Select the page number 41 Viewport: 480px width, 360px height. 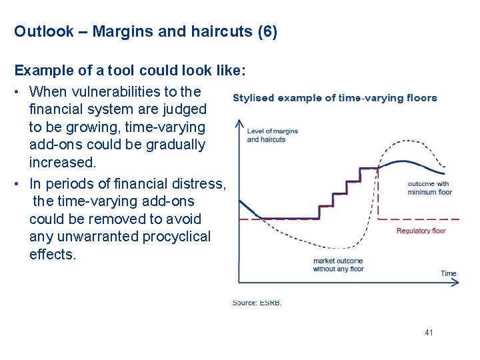point(428,332)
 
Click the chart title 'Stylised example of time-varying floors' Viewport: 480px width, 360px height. point(335,98)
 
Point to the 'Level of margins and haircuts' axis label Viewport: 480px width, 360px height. point(272,135)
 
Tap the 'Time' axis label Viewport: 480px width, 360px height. point(448,273)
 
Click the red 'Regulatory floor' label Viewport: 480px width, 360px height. point(421,231)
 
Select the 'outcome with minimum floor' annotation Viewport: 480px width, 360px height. point(429,188)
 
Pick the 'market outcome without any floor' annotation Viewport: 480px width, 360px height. point(338,265)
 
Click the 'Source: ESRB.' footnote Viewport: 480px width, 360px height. point(257,303)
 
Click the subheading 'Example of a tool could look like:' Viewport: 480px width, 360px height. point(131,71)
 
